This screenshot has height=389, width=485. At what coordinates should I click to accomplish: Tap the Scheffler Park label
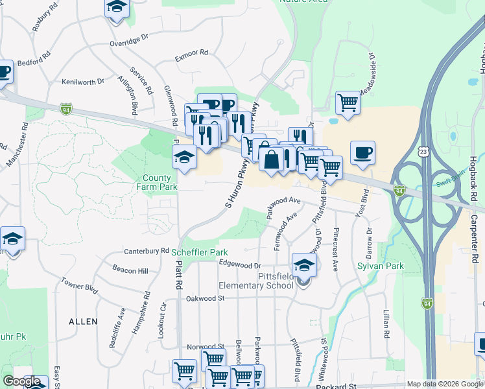click(x=200, y=252)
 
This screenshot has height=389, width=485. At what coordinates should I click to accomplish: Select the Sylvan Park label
click(x=381, y=266)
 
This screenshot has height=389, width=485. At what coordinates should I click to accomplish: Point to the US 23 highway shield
click(x=423, y=150)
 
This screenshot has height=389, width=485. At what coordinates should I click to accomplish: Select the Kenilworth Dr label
click(x=83, y=82)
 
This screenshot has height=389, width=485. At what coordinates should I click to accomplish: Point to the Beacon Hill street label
click(x=130, y=270)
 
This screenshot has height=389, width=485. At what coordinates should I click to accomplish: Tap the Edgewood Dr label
click(x=239, y=265)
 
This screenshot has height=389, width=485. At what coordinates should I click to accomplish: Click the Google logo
click(x=21, y=382)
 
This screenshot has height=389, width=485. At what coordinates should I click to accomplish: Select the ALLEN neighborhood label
click(x=83, y=321)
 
